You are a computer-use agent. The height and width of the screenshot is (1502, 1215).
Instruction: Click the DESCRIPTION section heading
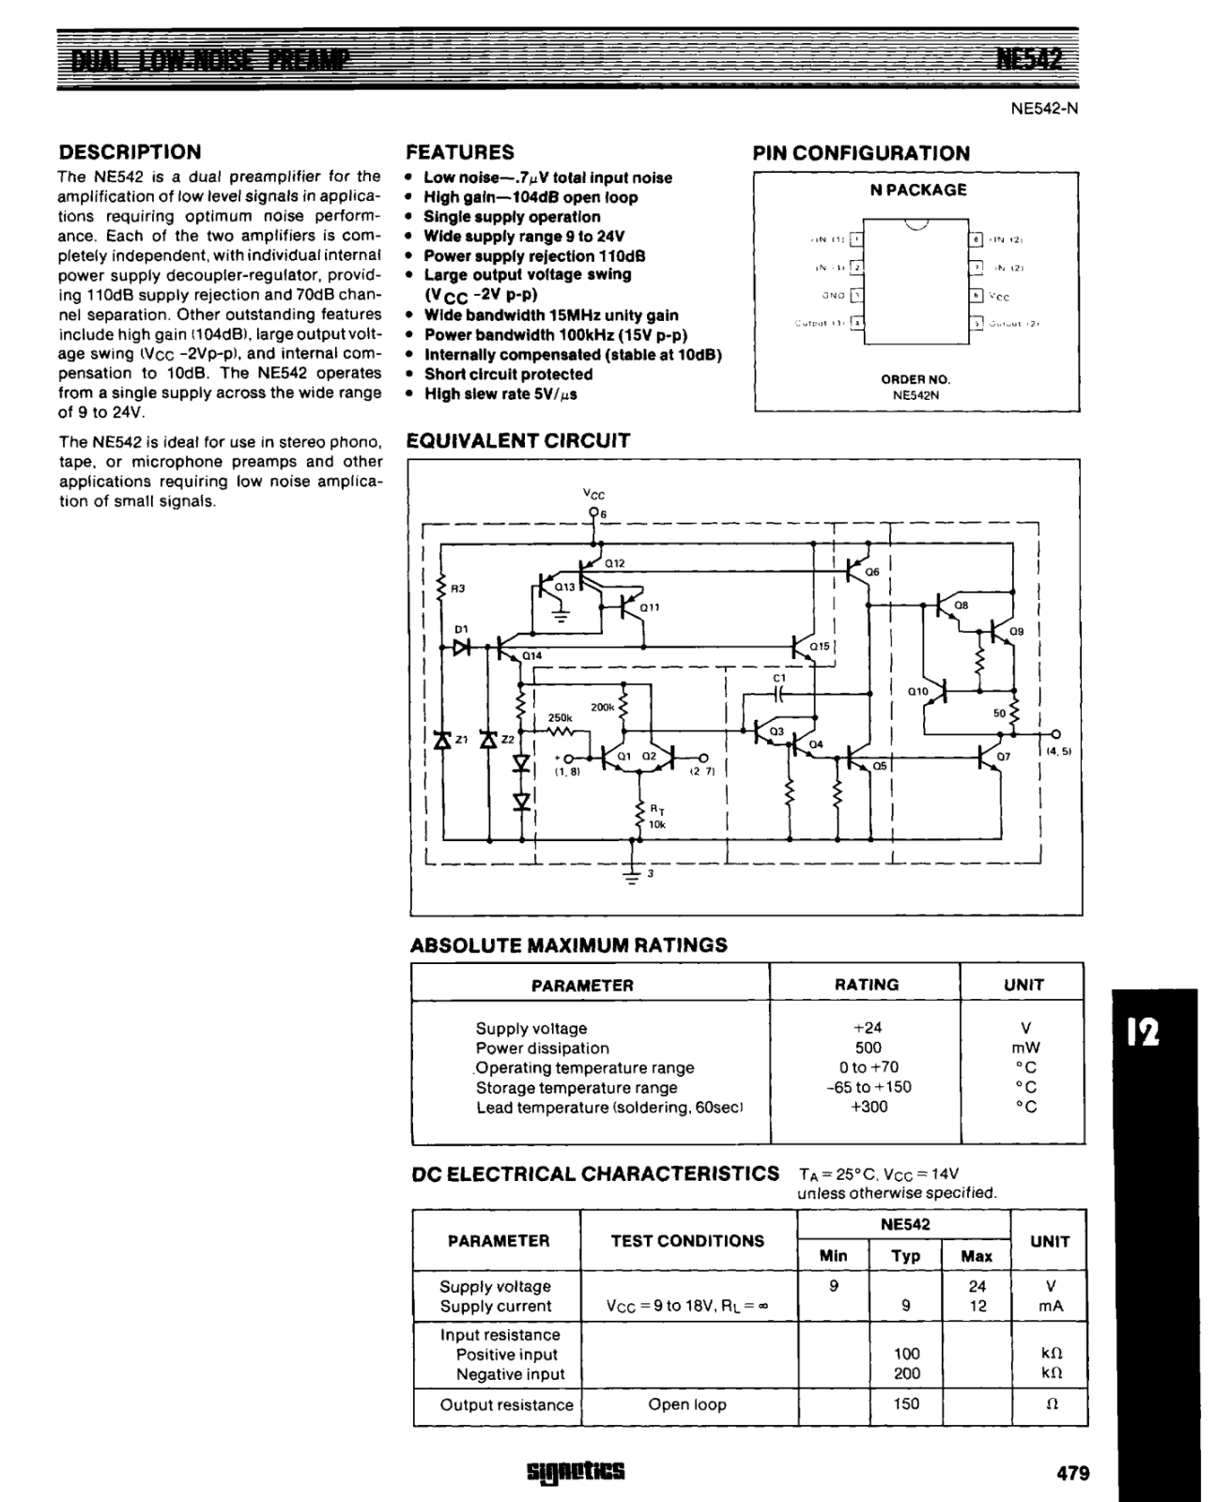click(130, 152)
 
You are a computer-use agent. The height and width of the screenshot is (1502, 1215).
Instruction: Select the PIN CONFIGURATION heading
click(861, 153)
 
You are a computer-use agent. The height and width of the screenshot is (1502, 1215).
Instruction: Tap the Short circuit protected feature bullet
click(507, 374)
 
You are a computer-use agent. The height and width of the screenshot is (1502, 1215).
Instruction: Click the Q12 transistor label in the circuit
click(614, 563)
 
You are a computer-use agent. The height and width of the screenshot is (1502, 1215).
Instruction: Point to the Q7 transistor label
click(1004, 756)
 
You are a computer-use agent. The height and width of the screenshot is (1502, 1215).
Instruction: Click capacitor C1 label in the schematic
click(778, 677)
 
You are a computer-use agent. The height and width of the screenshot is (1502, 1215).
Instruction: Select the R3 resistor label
click(458, 589)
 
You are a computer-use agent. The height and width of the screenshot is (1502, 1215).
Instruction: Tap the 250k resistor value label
click(560, 717)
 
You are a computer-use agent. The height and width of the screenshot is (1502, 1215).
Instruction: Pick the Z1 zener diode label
click(460, 740)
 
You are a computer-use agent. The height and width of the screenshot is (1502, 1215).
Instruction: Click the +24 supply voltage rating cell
click(866, 1028)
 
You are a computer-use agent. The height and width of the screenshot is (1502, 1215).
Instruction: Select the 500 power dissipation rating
click(867, 1048)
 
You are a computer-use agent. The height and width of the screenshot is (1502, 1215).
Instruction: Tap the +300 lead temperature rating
click(868, 1107)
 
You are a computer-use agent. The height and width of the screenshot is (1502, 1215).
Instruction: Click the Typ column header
click(905, 1256)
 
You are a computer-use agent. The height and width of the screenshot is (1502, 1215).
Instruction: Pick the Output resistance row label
click(506, 1405)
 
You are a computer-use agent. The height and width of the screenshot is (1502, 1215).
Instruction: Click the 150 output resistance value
click(905, 1404)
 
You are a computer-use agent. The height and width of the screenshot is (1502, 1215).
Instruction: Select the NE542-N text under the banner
click(1044, 108)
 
